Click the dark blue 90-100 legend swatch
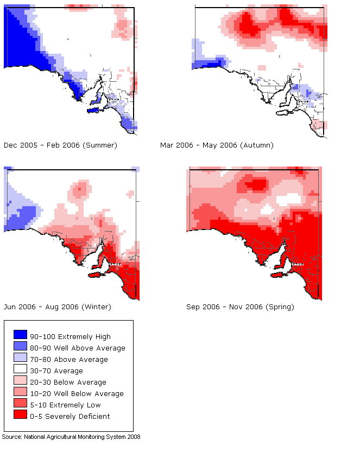tap(20, 336)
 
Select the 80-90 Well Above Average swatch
tap(20, 348)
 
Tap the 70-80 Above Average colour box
tap(20, 359)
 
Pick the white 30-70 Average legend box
tap(20, 371)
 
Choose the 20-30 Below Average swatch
tap(20, 382)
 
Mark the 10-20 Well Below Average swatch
tap(20, 393)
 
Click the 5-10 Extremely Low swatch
tap(20, 405)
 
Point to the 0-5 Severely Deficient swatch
tap(20, 416)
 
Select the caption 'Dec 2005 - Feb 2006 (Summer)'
tap(60, 145)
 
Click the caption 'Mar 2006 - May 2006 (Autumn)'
tap(217, 145)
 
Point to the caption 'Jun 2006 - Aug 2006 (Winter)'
tap(57, 307)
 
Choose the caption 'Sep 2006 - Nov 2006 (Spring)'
tap(240, 307)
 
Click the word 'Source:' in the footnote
tap(12, 437)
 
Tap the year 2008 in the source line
tap(134, 437)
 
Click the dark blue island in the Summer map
tap(95, 110)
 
